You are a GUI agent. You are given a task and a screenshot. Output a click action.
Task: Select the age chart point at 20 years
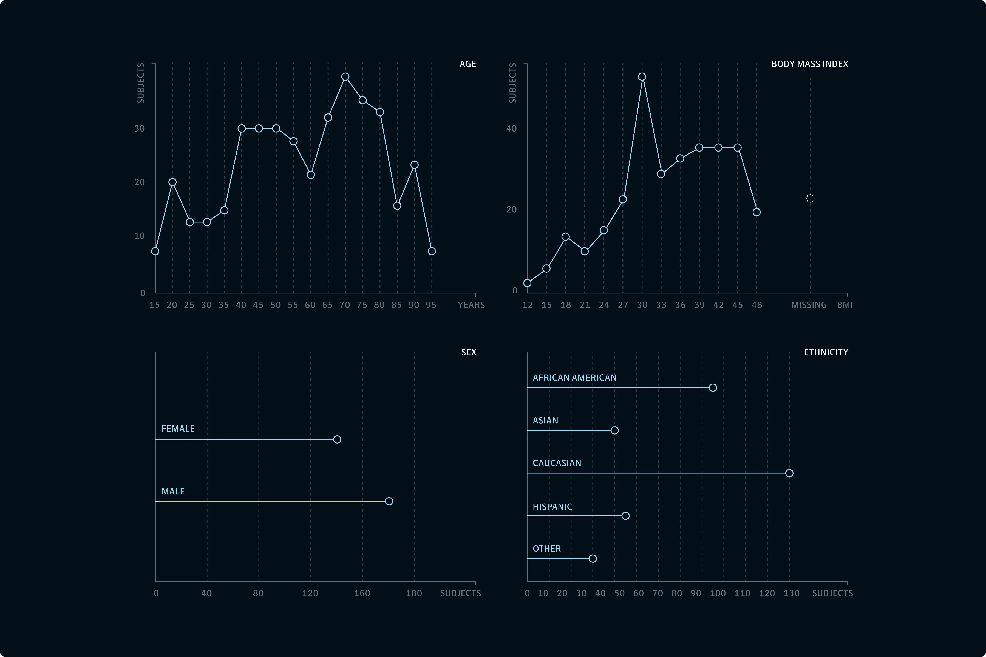click(x=172, y=182)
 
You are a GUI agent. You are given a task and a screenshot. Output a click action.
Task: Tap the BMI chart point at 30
click(x=642, y=77)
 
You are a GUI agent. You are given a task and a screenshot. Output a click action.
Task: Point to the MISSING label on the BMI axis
click(x=809, y=305)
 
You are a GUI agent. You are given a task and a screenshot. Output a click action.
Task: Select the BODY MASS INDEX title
click(x=809, y=64)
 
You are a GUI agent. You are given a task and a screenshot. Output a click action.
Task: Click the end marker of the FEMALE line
click(x=337, y=439)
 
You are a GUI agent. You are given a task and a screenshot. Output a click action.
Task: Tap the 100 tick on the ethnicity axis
click(x=718, y=593)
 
